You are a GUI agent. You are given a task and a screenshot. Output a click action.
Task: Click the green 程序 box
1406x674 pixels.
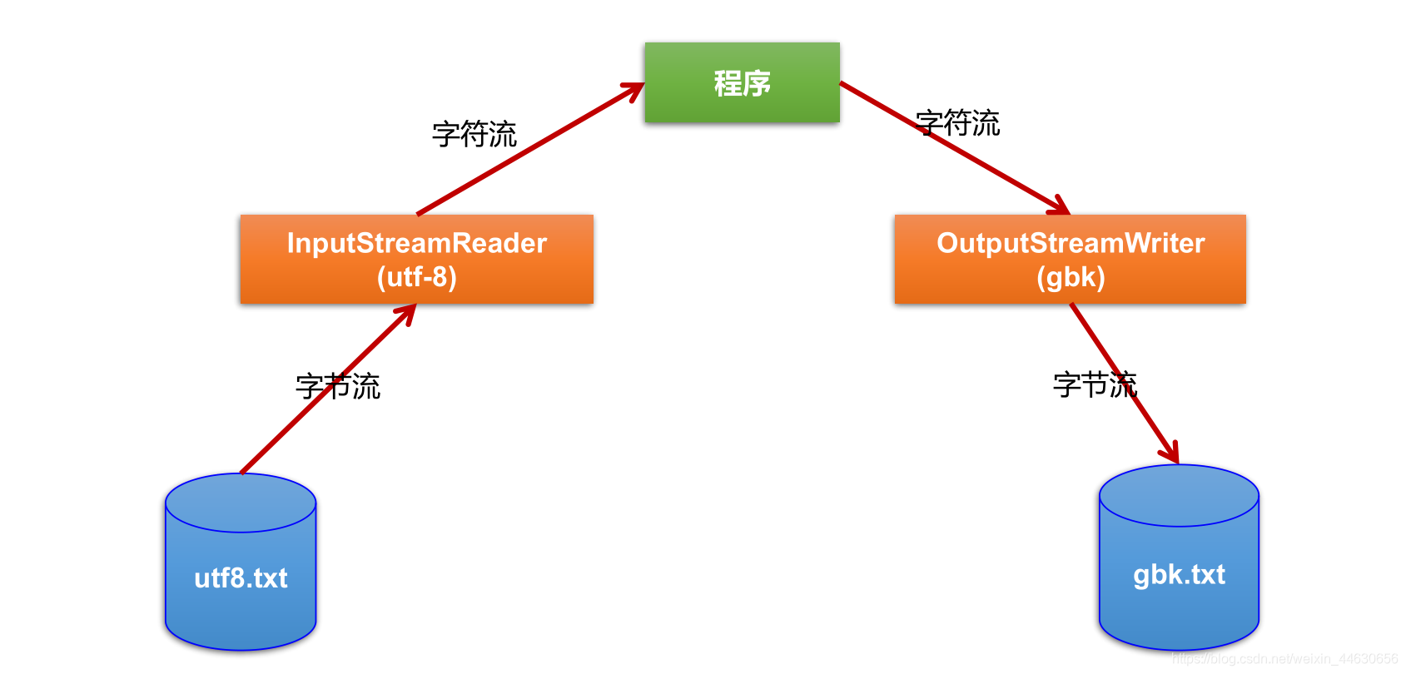pos(742,82)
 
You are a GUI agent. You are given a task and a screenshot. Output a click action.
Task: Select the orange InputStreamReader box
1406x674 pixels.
pos(416,259)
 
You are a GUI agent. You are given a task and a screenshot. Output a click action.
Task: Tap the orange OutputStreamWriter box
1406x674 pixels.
pos(1070,259)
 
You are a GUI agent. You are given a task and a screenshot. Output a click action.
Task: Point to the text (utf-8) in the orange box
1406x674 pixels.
pos(416,276)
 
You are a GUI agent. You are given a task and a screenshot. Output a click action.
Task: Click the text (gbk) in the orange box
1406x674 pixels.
pos(1071,276)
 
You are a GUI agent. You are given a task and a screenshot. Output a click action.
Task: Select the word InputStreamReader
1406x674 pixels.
pos(416,243)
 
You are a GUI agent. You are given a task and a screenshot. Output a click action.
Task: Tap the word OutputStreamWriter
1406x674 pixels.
pos(1071,243)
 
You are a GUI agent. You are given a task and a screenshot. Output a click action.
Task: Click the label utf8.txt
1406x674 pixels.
pos(241,577)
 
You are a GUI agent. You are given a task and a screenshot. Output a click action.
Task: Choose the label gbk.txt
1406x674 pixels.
pos(1179,574)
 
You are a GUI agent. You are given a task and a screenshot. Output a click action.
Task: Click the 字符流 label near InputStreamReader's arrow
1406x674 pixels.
pos(474,134)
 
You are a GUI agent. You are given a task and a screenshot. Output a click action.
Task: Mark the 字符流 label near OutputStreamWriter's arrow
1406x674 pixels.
pos(957,123)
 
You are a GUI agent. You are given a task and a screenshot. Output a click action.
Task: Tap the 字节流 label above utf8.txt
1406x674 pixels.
pos(338,386)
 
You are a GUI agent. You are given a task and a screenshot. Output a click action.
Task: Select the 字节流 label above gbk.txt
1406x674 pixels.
pos(1095,384)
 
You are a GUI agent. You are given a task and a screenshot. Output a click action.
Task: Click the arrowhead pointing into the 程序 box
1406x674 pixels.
pos(634,89)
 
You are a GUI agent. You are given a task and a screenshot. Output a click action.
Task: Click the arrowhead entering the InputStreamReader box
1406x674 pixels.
pos(407,313)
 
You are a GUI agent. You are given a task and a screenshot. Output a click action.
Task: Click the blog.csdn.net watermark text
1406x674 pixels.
pos(1284,659)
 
